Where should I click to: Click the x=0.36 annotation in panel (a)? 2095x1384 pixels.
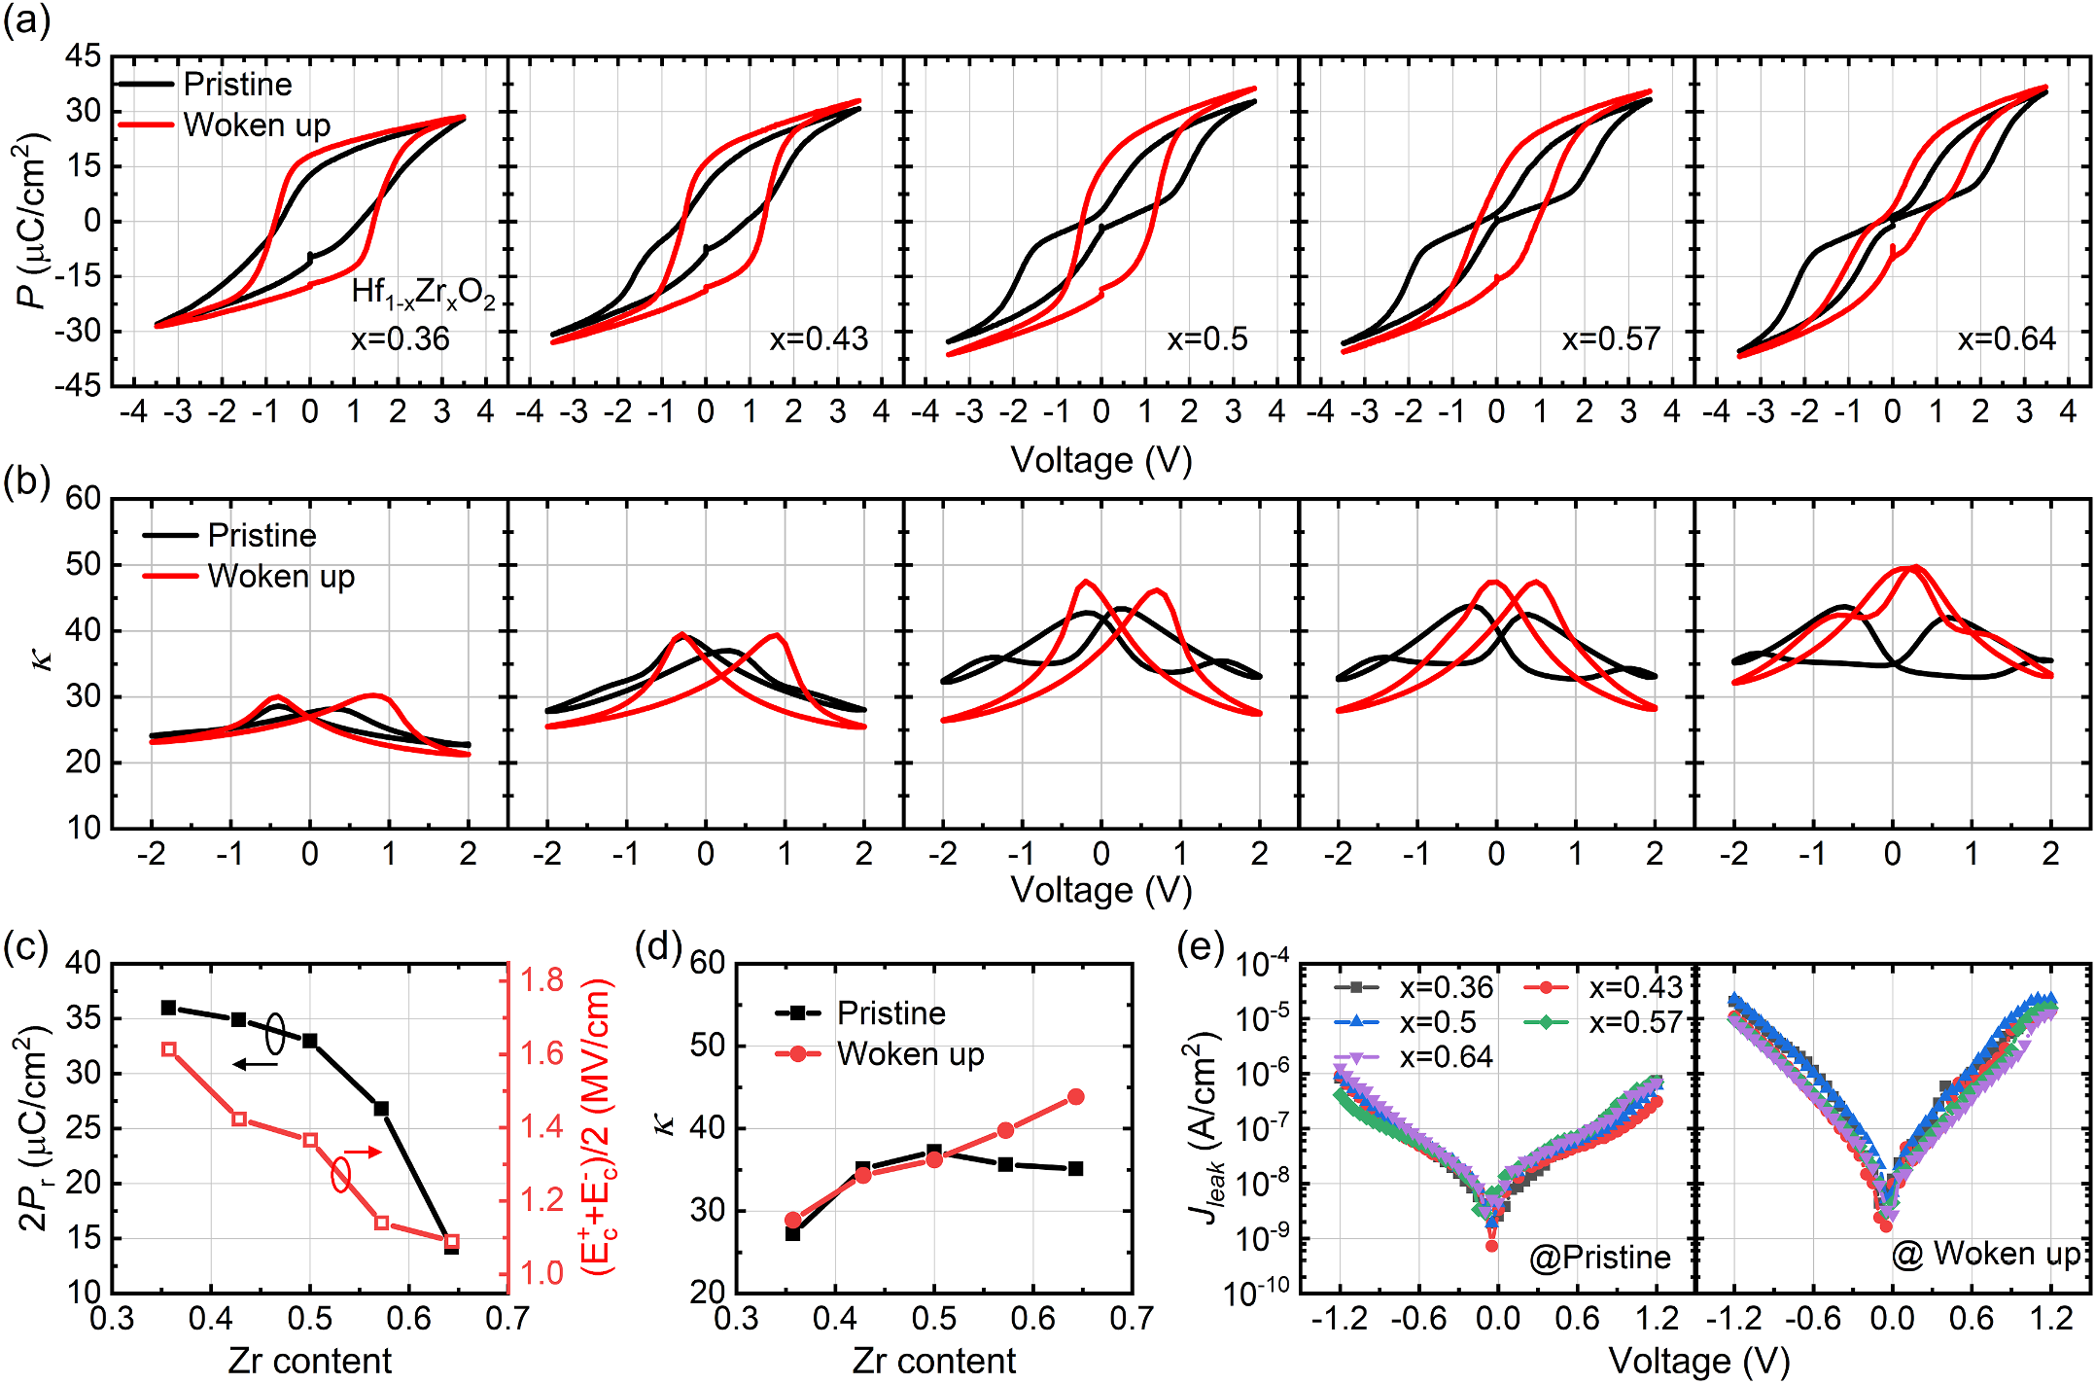400,338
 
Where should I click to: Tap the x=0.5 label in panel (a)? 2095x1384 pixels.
1207,338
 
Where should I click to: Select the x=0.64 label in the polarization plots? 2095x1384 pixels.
2007,338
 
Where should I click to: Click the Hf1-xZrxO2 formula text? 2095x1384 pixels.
423,292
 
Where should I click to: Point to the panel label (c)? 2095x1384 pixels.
26,946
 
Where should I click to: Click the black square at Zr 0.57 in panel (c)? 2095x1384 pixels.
381,1109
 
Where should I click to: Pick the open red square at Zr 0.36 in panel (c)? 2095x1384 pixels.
169,1049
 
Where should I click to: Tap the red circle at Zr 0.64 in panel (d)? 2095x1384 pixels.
1075,1097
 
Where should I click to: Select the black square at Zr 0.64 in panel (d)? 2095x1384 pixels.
1075,1168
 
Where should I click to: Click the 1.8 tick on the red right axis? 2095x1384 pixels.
541,980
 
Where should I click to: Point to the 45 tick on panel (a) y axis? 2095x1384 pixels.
83,56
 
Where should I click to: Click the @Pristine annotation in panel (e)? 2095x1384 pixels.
1599,1258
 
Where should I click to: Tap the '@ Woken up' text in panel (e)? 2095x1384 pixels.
1985,1254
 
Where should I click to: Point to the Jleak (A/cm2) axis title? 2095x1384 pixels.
1204,1128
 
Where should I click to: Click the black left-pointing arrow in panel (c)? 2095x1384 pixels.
255,1065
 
